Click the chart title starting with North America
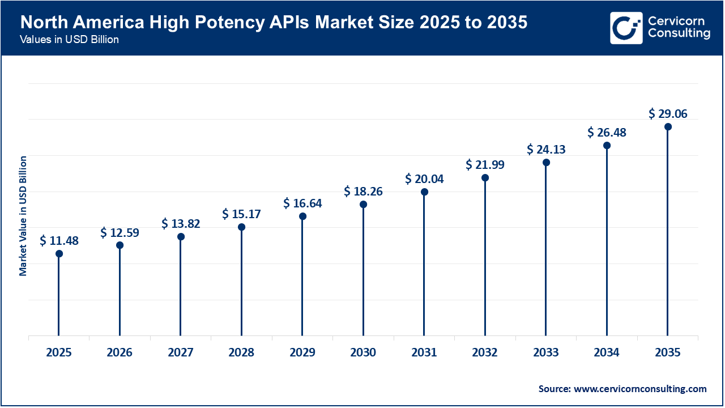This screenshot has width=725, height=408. [274, 22]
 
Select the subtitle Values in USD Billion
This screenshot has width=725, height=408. [69, 40]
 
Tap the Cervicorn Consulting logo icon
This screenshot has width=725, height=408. [626, 28]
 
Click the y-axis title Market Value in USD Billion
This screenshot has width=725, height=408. [23, 216]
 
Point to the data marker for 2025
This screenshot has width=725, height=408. [59, 253]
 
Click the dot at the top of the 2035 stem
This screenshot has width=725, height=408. [668, 126]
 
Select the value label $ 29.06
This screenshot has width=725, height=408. [668, 114]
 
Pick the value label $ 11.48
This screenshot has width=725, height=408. [59, 241]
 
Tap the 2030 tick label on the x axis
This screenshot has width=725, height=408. [363, 352]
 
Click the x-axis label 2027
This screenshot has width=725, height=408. [181, 352]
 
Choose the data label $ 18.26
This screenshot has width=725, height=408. [363, 192]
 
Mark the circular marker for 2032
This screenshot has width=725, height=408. [485, 177]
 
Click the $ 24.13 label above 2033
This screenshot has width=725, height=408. [546, 150]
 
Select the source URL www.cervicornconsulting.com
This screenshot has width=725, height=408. [641, 389]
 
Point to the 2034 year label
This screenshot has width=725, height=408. [607, 352]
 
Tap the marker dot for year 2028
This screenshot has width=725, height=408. [241, 227]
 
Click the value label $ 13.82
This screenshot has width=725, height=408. [181, 224]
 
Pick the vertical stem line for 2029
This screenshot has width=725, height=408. [302, 278]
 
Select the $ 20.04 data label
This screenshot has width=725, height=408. [424, 179]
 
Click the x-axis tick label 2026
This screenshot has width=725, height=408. [120, 352]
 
